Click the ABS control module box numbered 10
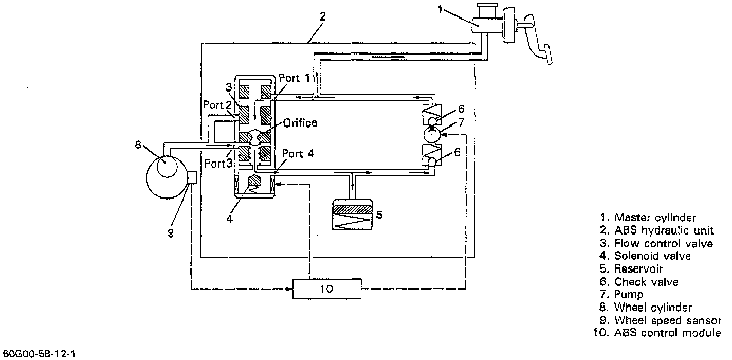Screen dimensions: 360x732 pyautogui.click(x=326, y=289)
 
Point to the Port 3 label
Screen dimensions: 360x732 pyautogui.click(x=215, y=163)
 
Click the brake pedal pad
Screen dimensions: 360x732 pyautogui.click(x=547, y=55)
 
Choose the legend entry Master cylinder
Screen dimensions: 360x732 pyautogui.click(x=650, y=218)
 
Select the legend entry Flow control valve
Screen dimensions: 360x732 pyautogui.click(x=657, y=243)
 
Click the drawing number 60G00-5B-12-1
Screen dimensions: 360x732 pyautogui.click(x=39, y=354)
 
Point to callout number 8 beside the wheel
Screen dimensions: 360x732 pyautogui.click(x=138, y=145)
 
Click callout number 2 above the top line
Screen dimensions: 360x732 pyautogui.click(x=322, y=16)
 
